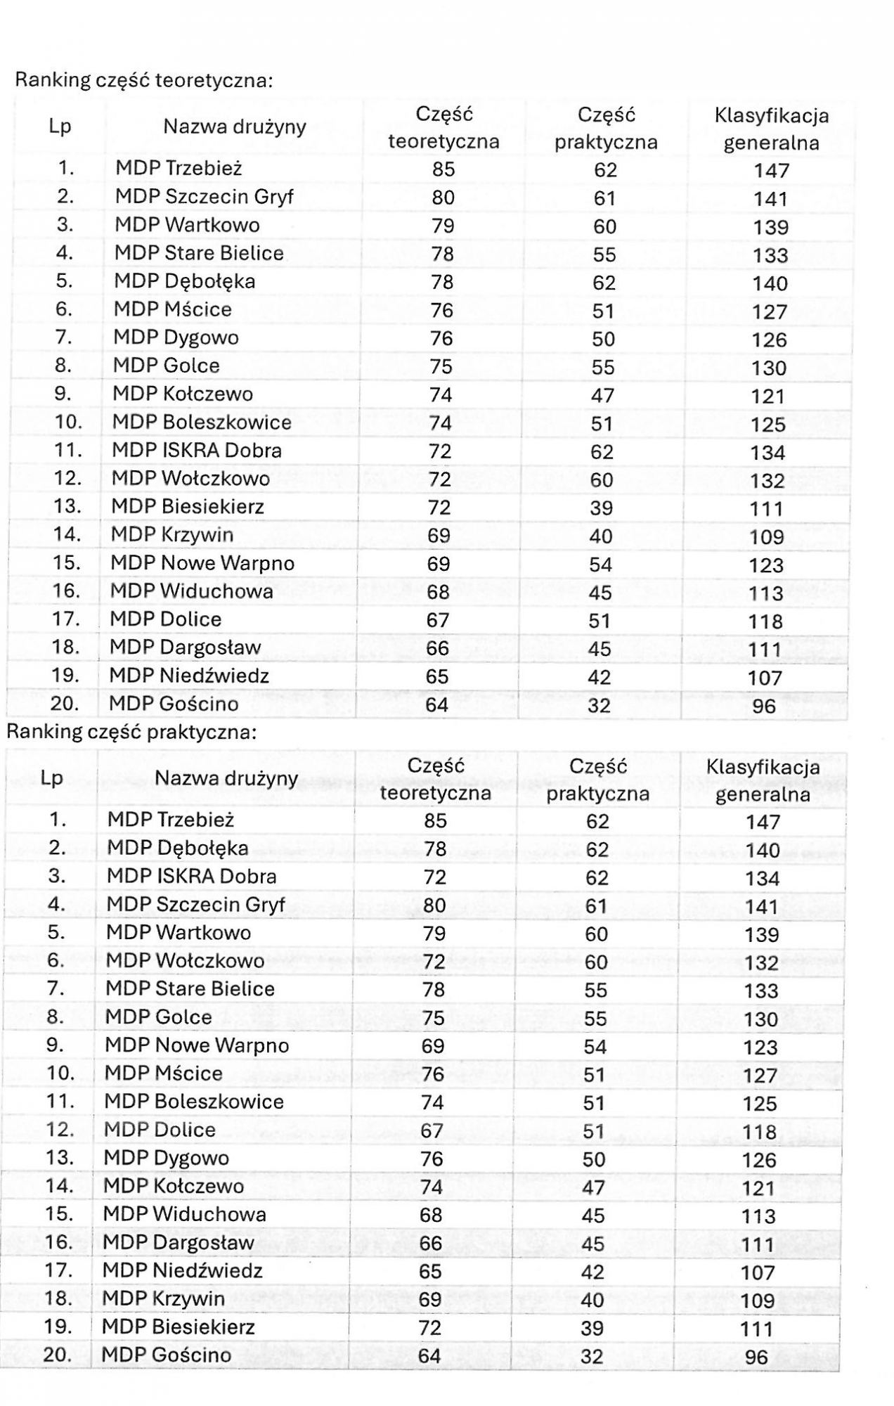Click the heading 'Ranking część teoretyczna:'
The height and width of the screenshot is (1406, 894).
point(143,80)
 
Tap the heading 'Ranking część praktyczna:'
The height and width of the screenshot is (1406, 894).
point(131,732)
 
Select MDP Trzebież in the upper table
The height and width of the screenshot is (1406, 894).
point(179,168)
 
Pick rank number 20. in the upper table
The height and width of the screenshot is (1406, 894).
point(65,703)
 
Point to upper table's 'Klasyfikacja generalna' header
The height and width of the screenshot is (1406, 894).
point(771,129)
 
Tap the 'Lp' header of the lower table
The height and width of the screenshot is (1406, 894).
point(51,778)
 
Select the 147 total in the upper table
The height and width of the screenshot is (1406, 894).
point(772,170)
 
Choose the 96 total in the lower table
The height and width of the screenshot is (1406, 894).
point(756,1357)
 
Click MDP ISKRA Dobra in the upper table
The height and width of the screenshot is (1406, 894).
point(197,450)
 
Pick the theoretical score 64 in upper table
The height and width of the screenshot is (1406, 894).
point(436,704)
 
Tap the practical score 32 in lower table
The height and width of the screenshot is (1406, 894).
point(592,1356)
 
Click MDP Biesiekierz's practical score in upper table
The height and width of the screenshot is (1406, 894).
point(602,508)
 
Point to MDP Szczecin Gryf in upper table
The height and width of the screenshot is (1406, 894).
point(204,196)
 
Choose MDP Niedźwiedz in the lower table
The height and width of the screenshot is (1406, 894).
point(182,1270)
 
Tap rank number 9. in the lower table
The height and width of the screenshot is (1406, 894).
point(56,1045)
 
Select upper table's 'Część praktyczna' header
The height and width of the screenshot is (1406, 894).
point(606,128)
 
